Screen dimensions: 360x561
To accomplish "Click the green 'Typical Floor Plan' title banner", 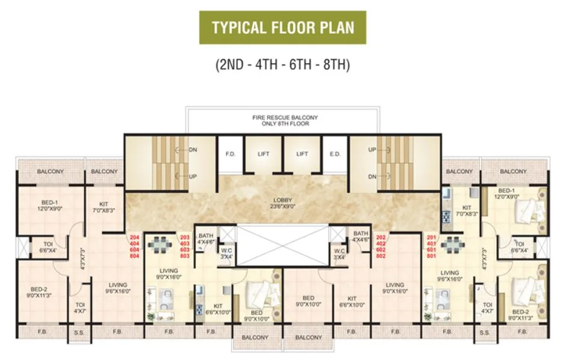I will [x=282, y=28].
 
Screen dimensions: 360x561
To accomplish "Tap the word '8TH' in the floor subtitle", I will [x=336, y=64].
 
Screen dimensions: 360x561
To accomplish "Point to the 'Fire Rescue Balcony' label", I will [x=285, y=117].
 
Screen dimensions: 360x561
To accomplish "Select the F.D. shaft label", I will [x=229, y=154].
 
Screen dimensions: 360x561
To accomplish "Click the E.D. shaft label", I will [x=335, y=154].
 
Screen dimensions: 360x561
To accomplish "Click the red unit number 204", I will [x=134, y=237].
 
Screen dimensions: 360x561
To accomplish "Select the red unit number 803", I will [x=185, y=256].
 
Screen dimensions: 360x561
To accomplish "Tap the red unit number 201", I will [x=431, y=237].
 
